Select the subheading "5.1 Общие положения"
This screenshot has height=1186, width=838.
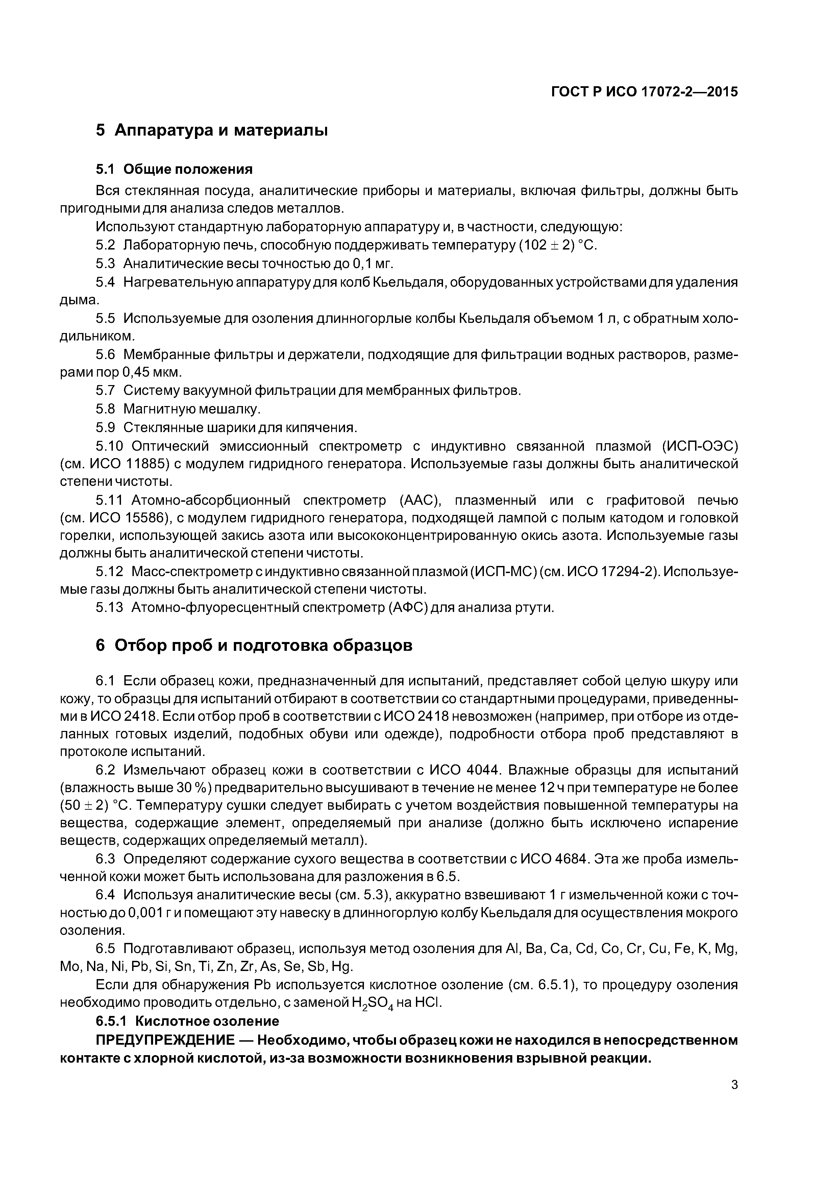[x=174, y=169]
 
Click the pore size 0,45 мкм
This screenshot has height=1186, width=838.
[x=152, y=372]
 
